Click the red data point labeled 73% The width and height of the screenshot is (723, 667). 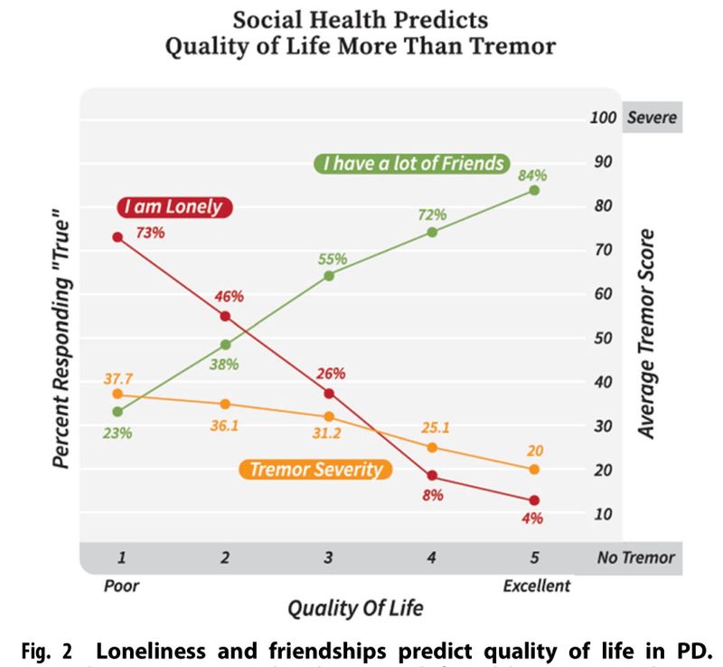117,237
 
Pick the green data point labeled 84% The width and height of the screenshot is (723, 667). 534,190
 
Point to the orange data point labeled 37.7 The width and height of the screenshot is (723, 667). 117,394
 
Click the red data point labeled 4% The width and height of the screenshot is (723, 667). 534,500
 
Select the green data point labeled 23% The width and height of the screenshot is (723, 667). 117,412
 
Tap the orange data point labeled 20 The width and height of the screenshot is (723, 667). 534,469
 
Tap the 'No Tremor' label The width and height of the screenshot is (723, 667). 634,557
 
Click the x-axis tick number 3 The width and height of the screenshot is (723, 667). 329,557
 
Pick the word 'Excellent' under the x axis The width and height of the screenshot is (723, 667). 536,586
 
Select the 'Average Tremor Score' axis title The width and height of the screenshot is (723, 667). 647,334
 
